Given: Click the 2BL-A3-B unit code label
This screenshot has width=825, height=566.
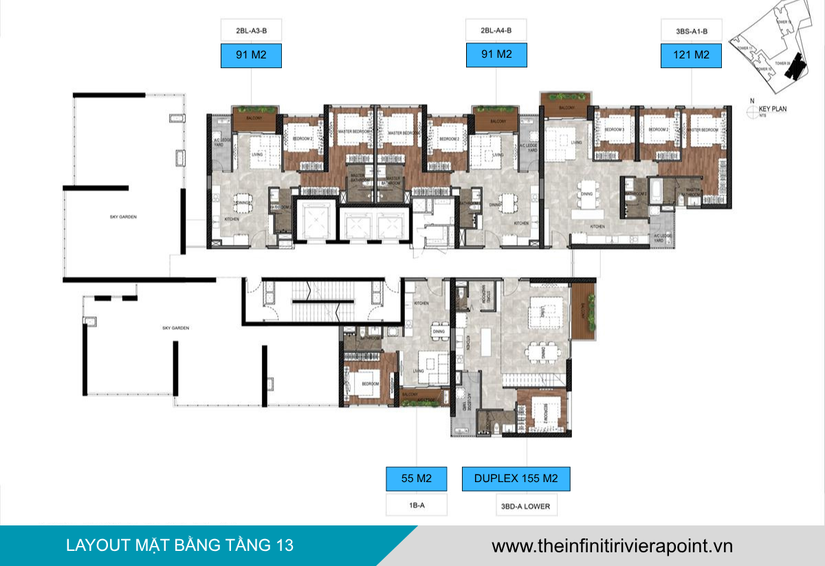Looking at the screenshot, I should tap(251, 31).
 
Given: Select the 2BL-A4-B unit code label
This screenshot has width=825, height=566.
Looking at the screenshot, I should tap(496, 31).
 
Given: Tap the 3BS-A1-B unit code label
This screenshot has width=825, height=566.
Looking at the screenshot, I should tap(691, 31).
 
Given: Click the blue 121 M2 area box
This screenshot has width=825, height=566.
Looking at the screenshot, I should tap(691, 55).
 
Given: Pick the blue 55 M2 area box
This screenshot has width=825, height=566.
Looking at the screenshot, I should tap(417, 479).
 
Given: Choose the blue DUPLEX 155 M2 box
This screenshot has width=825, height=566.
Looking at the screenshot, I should tap(516, 479).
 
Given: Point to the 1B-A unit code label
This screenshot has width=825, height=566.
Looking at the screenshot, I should tap(417, 505).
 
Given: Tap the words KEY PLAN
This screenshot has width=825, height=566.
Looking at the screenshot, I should tap(773, 109).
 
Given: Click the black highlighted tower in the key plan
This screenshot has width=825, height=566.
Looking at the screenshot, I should tap(797, 65).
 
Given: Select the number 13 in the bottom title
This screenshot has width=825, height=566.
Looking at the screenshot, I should tap(284, 545).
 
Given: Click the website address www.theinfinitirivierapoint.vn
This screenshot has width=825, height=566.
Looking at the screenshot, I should tap(612, 546).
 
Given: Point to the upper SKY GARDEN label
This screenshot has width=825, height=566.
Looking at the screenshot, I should tap(123, 217).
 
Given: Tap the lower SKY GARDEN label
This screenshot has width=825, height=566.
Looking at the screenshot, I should tap(175, 328).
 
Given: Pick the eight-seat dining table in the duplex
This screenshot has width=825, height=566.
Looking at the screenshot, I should tap(542, 353).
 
